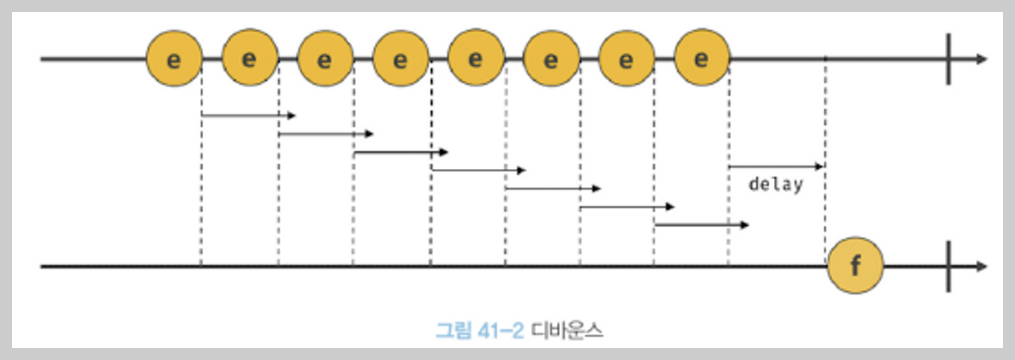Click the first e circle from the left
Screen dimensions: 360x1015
174,59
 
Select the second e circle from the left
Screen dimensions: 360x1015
250,59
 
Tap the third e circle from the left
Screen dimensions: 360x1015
325,59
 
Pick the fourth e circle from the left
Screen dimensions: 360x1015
400,59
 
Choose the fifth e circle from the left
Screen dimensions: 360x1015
476,59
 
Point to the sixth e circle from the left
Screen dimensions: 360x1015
551,59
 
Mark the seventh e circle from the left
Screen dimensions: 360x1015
626,59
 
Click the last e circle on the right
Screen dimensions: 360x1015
702,59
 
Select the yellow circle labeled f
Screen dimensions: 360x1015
855,266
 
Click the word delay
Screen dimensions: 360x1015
776,186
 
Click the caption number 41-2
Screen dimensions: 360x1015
500,331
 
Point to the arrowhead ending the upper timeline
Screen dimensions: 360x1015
982,59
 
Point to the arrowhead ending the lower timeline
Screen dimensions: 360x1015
982,266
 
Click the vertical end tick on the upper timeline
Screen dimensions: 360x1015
948,59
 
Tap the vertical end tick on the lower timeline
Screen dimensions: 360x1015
948,266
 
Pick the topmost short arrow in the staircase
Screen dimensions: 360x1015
248,116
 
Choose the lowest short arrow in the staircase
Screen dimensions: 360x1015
702,225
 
